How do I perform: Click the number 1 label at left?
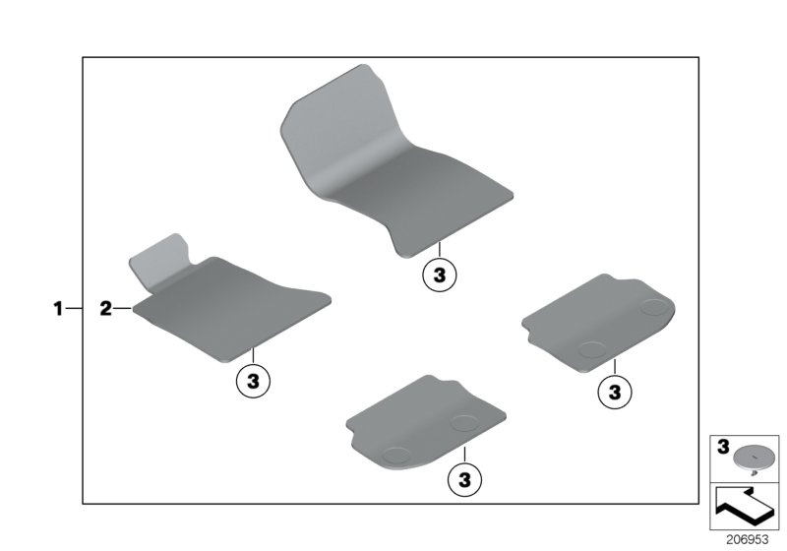58,308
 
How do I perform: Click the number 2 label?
105,308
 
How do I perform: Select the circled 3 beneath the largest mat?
440,275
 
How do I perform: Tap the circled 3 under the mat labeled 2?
254,381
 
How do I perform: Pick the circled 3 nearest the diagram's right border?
615,392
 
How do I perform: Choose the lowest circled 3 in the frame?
464,480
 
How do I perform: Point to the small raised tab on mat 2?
159,260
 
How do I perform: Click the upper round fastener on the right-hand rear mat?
654,307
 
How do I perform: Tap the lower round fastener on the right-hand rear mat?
592,349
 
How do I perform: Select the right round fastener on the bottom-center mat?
464,422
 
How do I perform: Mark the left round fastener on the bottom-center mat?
396,455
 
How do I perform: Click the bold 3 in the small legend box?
723,447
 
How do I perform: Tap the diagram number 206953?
748,540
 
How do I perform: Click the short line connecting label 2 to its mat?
122,308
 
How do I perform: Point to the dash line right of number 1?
74,308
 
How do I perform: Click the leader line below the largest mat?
439,249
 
